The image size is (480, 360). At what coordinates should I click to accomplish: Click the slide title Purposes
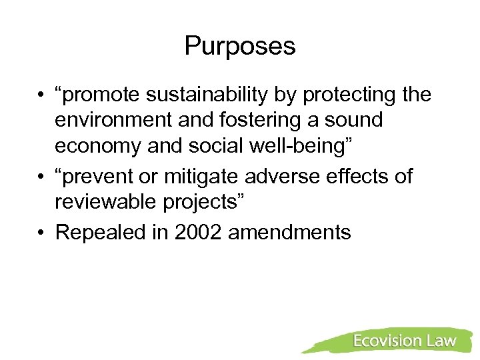coord(239,46)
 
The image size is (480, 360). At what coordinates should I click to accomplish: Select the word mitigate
coord(201,177)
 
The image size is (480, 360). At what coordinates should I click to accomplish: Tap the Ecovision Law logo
coord(404,341)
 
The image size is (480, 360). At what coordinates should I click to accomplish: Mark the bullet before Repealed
coord(41,232)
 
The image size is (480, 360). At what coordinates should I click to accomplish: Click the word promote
coord(99,95)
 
